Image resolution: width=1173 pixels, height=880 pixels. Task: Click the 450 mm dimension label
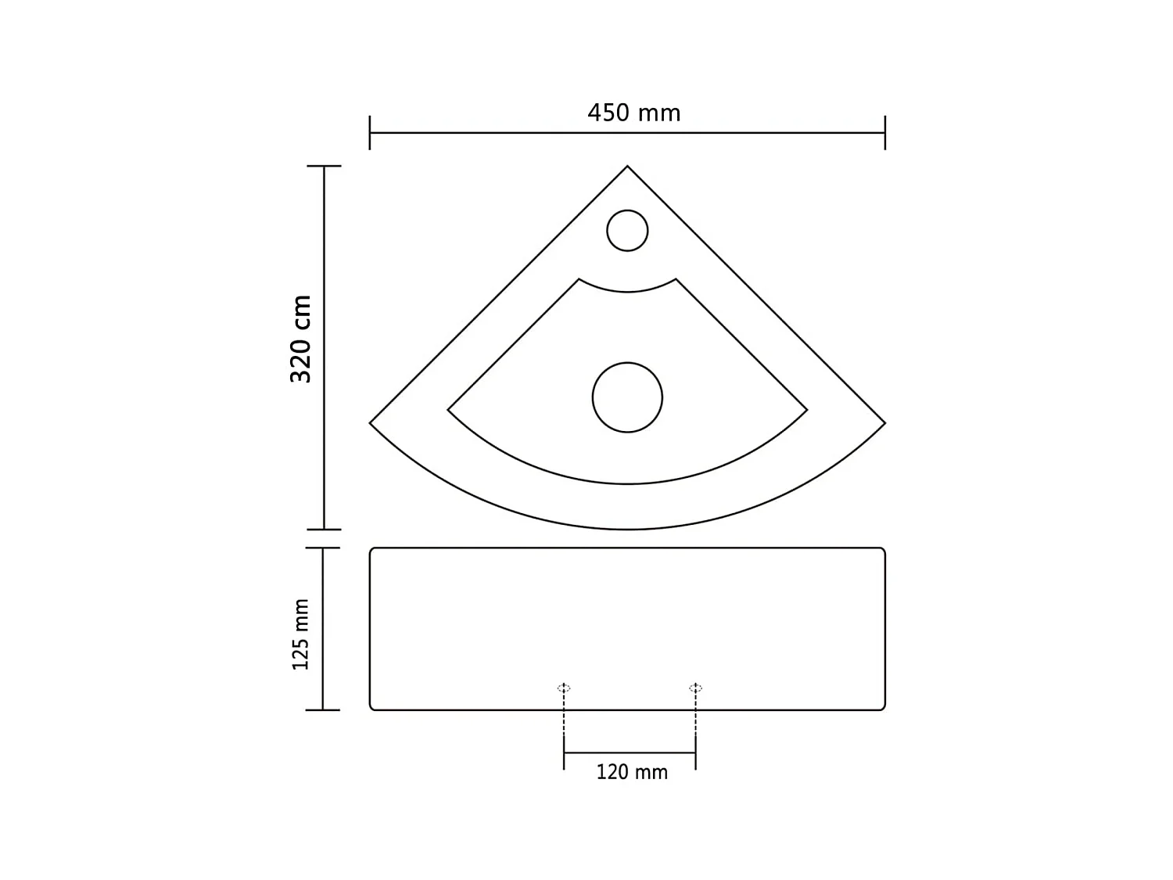(x=633, y=113)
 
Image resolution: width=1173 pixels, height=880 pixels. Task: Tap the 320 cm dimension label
(x=301, y=339)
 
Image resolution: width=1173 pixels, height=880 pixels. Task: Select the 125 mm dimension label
(x=301, y=634)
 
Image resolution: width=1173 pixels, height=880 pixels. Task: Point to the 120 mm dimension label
(x=632, y=773)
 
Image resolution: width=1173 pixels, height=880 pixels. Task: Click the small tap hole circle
(x=627, y=230)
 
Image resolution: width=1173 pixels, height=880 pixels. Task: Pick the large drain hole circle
(x=627, y=397)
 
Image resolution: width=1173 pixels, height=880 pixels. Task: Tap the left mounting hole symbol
(x=564, y=688)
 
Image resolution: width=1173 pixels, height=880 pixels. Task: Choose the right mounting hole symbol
(x=695, y=688)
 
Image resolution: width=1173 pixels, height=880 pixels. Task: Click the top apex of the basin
(x=627, y=167)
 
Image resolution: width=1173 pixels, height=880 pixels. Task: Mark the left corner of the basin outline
(x=371, y=423)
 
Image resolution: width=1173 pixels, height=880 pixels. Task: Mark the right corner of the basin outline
(x=884, y=423)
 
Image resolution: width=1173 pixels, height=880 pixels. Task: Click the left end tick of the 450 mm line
(x=370, y=133)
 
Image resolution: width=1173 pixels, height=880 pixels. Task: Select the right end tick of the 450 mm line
(x=884, y=133)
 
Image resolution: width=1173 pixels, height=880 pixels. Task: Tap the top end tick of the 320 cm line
(x=324, y=167)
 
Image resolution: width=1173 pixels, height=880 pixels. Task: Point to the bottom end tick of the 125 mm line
(x=323, y=709)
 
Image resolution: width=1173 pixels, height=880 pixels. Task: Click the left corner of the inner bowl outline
(x=449, y=410)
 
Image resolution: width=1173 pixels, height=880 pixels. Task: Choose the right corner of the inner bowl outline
(x=806, y=410)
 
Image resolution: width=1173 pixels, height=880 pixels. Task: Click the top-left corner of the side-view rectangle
(x=371, y=549)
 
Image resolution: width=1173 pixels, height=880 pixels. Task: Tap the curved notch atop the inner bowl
(x=627, y=291)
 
